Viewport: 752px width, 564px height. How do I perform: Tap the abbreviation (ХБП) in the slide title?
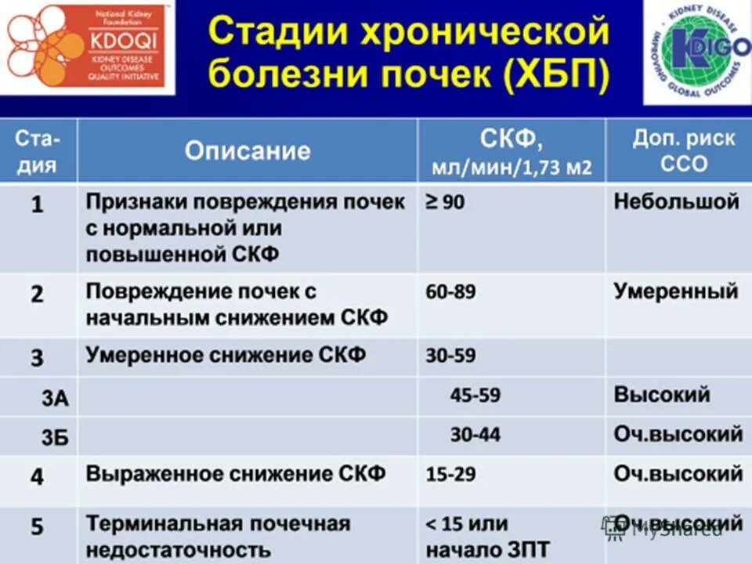(x=557, y=76)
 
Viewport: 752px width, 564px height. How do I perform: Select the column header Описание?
(x=248, y=150)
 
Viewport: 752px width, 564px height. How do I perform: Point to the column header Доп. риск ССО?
(x=684, y=150)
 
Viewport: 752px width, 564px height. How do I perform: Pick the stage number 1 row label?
(x=37, y=205)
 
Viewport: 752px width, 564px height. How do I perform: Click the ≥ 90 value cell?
(x=445, y=202)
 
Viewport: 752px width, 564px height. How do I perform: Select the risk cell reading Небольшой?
(x=676, y=201)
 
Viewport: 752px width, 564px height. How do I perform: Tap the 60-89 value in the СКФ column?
(x=450, y=292)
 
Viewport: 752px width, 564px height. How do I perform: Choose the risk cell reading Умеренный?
(x=675, y=291)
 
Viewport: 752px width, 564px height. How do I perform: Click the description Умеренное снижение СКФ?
(x=226, y=355)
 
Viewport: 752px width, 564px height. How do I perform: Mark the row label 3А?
(x=55, y=399)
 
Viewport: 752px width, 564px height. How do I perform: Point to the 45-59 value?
(x=475, y=395)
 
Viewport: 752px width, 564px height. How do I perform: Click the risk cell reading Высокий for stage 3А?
(x=661, y=394)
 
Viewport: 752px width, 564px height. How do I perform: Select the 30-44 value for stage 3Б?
(x=475, y=435)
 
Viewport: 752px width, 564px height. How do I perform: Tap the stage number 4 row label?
(x=37, y=476)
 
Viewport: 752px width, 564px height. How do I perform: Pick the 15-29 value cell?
(x=450, y=474)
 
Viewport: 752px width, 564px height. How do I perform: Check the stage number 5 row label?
(x=37, y=526)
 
